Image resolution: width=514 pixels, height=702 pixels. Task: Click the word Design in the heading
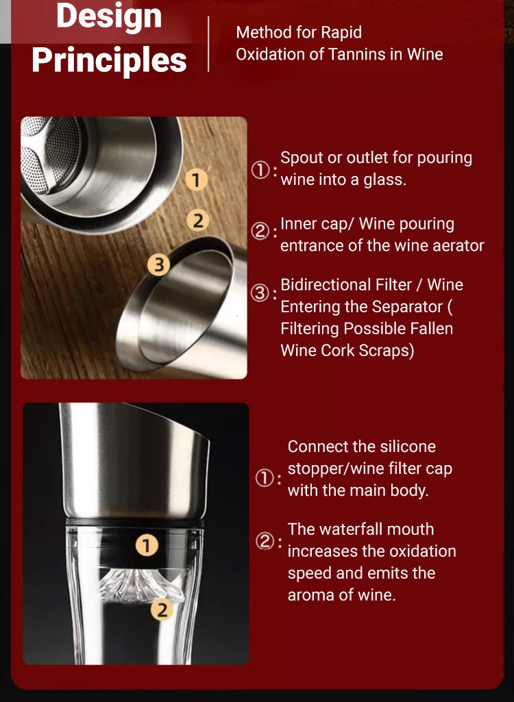coord(109,16)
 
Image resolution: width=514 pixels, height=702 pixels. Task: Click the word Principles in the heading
coord(109,60)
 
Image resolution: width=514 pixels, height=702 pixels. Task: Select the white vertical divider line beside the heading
coord(208,44)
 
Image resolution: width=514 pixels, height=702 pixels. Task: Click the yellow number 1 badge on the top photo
coord(196,180)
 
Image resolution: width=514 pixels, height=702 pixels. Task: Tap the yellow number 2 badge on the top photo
coord(197,221)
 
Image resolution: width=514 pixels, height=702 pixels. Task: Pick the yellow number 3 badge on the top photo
coord(158,264)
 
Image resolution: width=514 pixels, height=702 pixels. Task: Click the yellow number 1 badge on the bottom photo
coord(147,545)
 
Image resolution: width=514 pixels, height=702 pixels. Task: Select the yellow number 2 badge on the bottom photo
coord(162,610)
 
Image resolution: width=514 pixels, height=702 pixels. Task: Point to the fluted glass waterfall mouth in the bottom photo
coord(141,585)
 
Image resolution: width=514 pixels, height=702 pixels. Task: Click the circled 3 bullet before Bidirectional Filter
coord(260,294)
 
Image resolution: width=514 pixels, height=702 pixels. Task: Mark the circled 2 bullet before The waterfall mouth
coord(264,541)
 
